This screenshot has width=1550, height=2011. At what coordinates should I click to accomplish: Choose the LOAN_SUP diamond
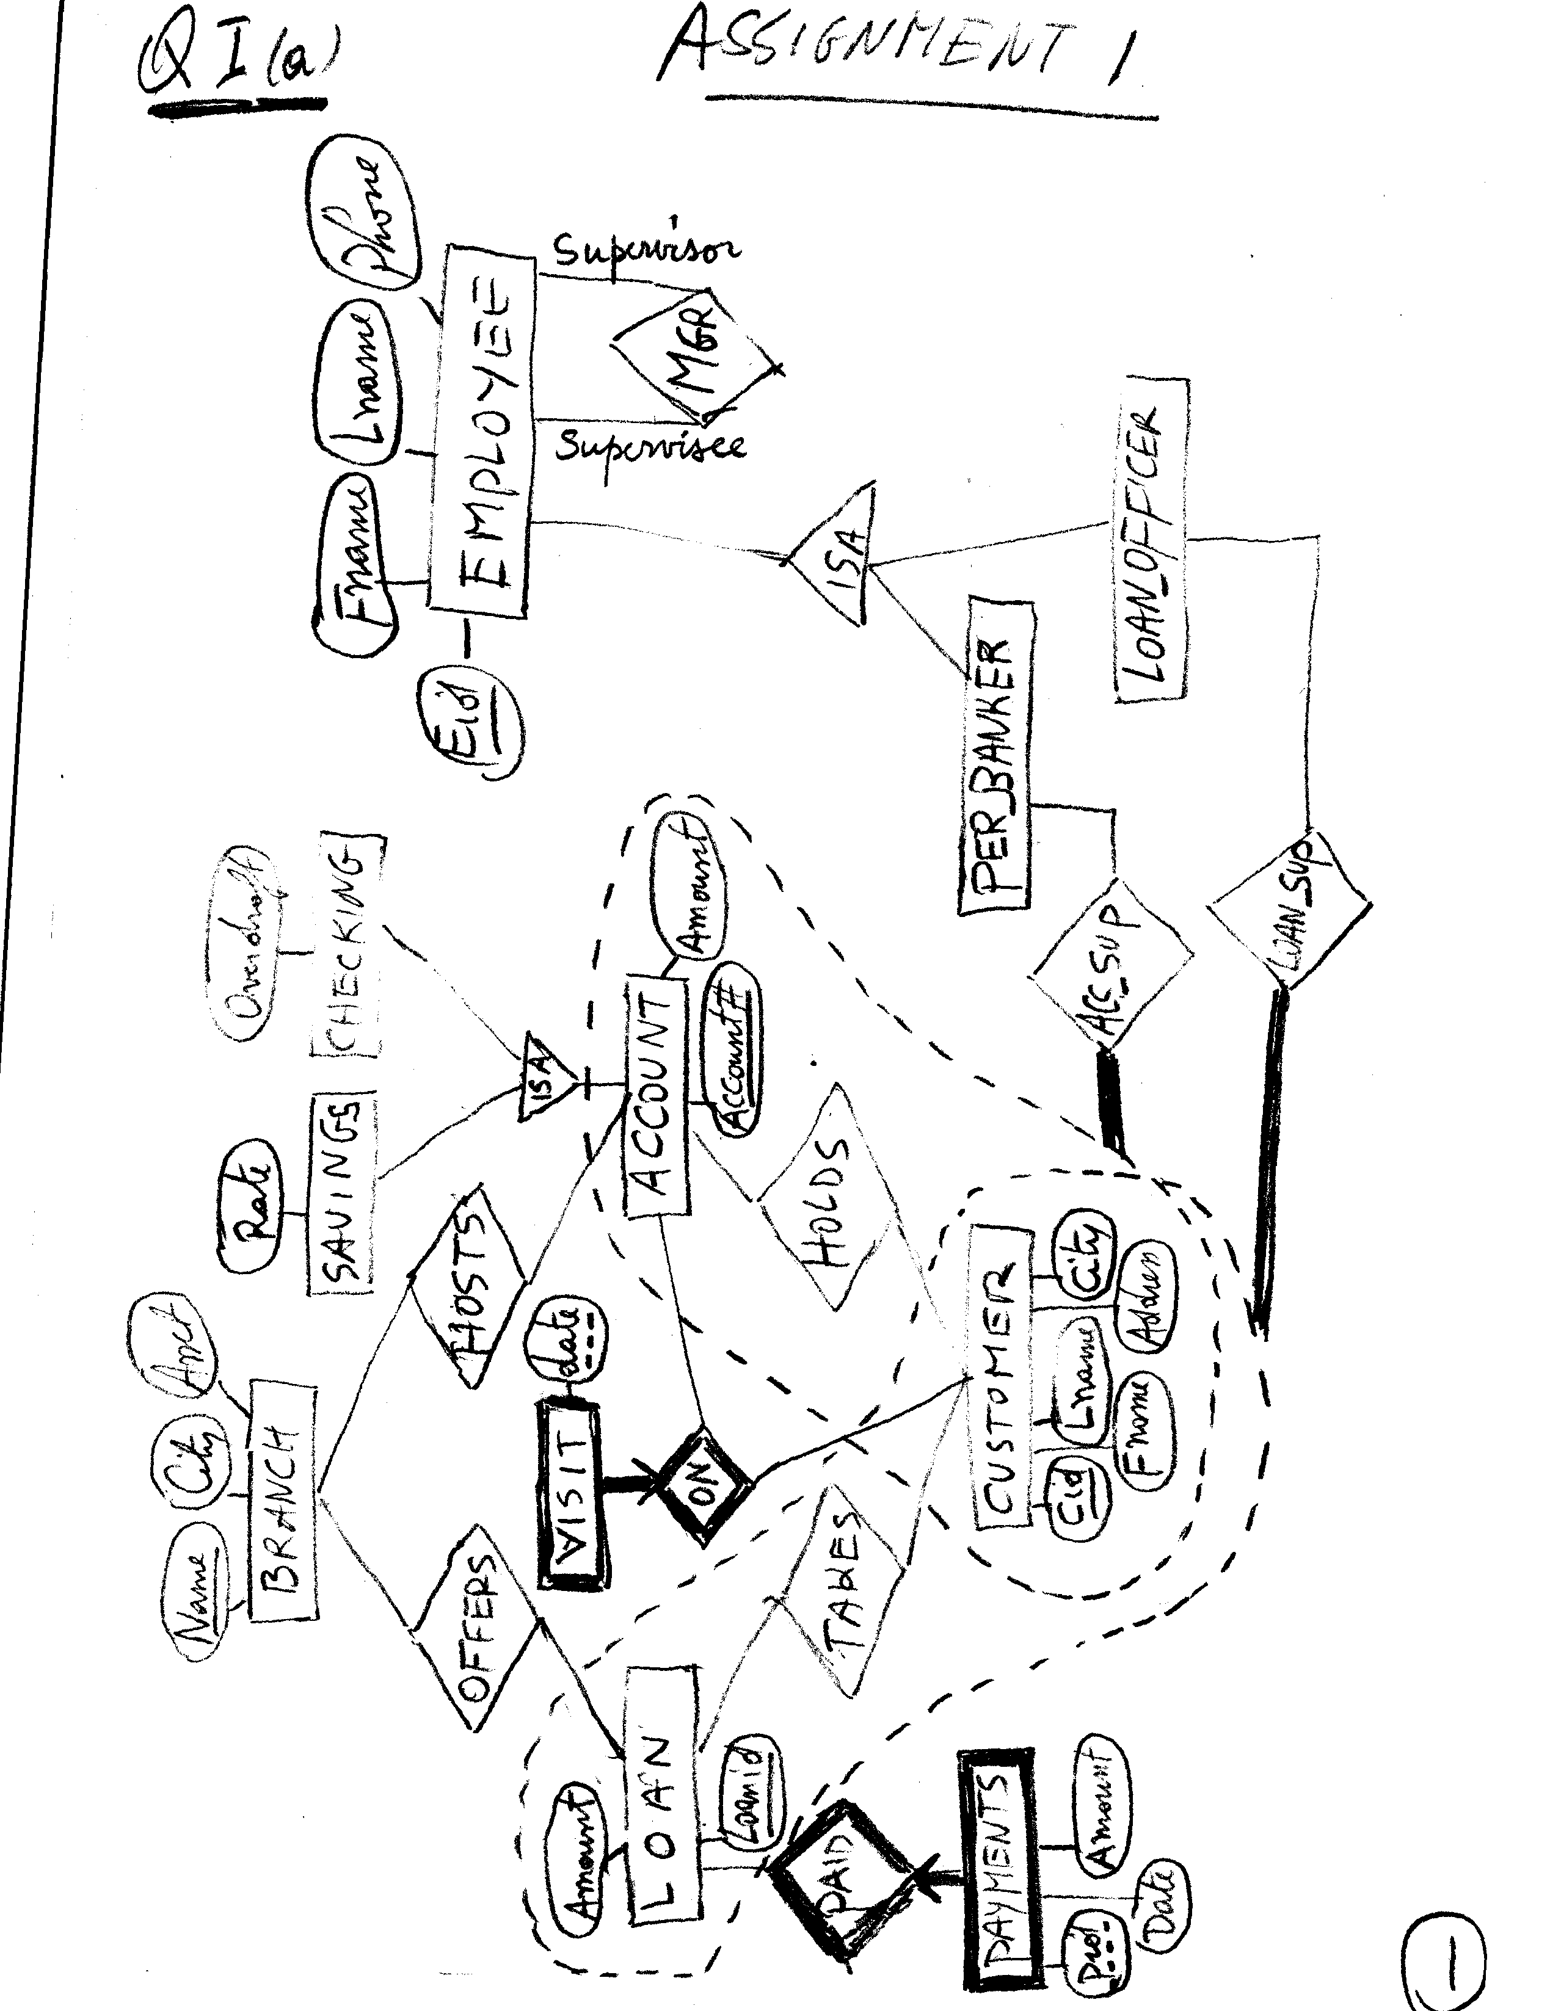(1289, 911)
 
